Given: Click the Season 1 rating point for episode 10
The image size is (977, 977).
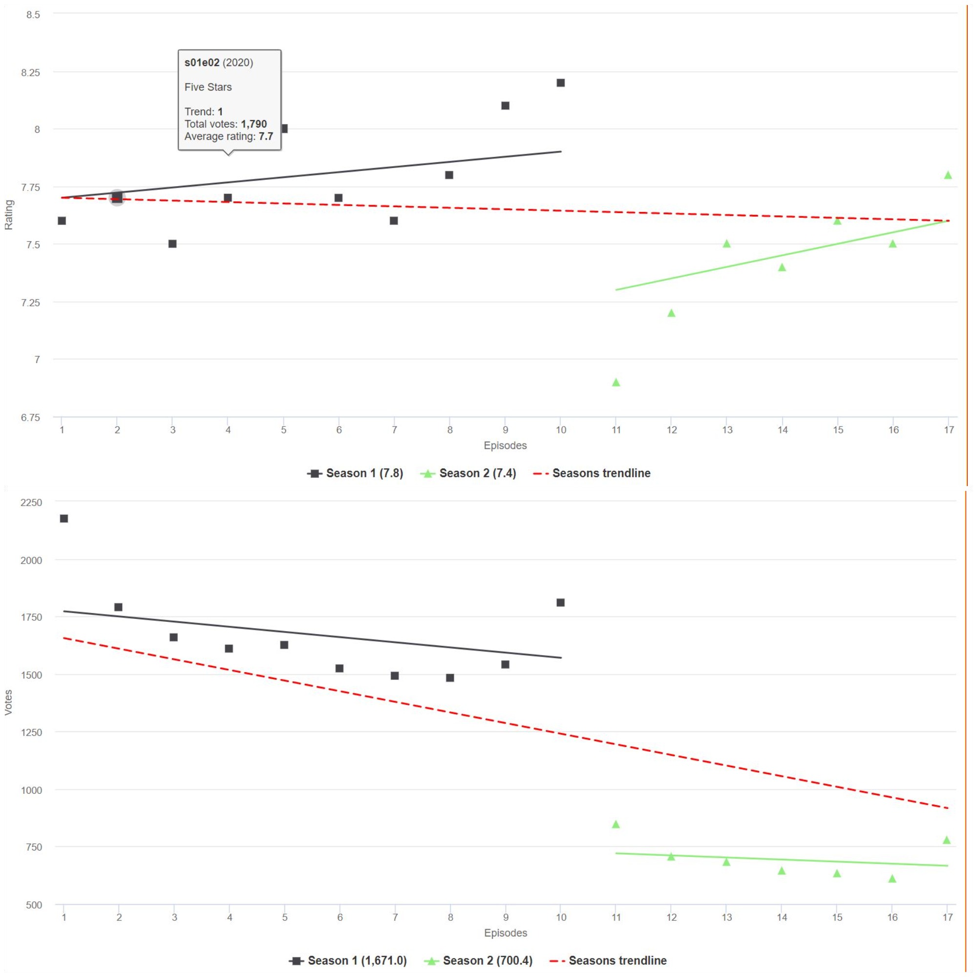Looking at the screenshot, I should point(560,83).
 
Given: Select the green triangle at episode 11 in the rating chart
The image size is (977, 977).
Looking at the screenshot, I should point(616,383).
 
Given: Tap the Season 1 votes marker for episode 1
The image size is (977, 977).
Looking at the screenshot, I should point(64,518).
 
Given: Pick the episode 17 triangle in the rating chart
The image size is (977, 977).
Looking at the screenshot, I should point(948,175).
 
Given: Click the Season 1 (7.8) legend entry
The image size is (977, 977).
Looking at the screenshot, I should point(356,473).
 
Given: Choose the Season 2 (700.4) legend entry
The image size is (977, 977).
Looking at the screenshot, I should point(478,960).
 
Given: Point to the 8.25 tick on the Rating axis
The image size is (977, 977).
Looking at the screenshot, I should point(30,73).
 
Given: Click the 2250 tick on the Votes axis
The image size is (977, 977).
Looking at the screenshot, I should point(31,502).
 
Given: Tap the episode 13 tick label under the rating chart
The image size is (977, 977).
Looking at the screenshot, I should point(727,430).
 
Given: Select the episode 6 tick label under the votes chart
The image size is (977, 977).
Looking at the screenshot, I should point(340,917).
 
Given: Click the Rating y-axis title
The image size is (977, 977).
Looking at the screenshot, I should point(9,215).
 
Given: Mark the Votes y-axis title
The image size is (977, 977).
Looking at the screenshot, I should point(9,702).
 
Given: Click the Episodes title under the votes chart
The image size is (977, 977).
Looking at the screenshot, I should point(505,933).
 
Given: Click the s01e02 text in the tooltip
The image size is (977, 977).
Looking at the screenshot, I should point(202,63).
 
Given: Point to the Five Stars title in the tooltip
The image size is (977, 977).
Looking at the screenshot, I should point(208,87).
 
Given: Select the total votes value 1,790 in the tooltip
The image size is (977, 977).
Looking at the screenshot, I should point(254,124).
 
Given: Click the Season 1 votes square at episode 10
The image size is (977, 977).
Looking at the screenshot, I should point(560,602).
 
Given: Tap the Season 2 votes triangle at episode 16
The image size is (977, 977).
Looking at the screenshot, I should point(892,879).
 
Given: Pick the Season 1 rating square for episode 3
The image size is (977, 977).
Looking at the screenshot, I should point(172,244).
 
